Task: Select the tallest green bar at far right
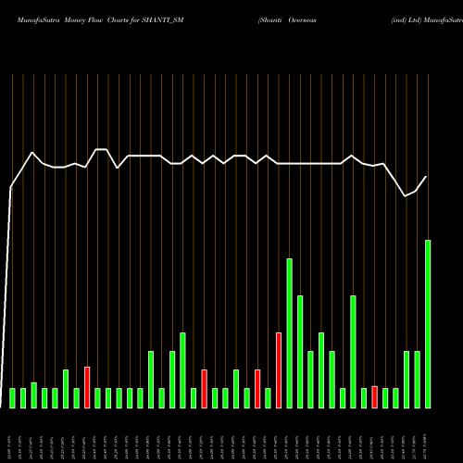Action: [x=428, y=324]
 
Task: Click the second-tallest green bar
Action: [x=289, y=333]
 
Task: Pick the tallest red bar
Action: [x=279, y=370]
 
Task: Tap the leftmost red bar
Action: [x=87, y=387]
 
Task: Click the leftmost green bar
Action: [x=13, y=398]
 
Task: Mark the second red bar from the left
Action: [x=204, y=389]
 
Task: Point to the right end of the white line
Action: [x=427, y=176]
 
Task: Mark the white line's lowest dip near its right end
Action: [x=406, y=196]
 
